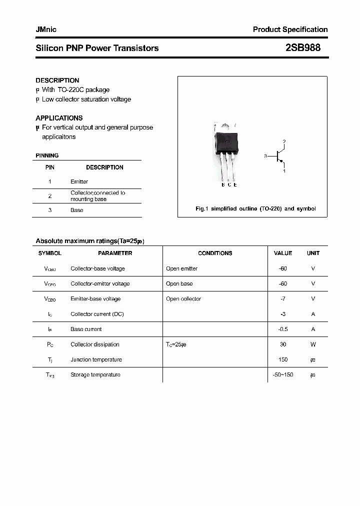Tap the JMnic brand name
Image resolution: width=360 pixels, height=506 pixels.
[x=46, y=29]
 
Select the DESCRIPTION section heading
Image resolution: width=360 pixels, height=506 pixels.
[x=57, y=80]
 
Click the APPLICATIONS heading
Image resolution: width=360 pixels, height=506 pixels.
[x=59, y=118]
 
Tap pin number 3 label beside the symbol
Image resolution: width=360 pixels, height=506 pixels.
[x=265, y=156]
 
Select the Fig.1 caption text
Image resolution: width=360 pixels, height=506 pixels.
[x=255, y=208]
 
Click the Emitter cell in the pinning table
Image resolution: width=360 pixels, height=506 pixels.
[x=79, y=181]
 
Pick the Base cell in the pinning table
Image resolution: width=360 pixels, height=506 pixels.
[x=77, y=210]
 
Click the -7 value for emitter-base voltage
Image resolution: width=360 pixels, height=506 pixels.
[x=283, y=299]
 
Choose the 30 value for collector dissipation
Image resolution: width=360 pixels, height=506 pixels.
[x=283, y=344]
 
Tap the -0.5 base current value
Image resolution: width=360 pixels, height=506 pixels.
[x=283, y=329]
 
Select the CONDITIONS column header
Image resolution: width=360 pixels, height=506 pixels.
[x=215, y=253]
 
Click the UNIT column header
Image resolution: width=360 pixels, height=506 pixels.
[x=313, y=253]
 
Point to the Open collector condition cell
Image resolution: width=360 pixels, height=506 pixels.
[x=183, y=299]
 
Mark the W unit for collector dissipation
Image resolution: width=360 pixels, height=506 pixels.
[x=313, y=344]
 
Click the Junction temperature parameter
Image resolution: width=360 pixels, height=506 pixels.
[x=96, y=359]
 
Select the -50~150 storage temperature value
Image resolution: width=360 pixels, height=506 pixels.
[x=283, y=374]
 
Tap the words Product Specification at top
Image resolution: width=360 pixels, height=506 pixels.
[x=290, y=29]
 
